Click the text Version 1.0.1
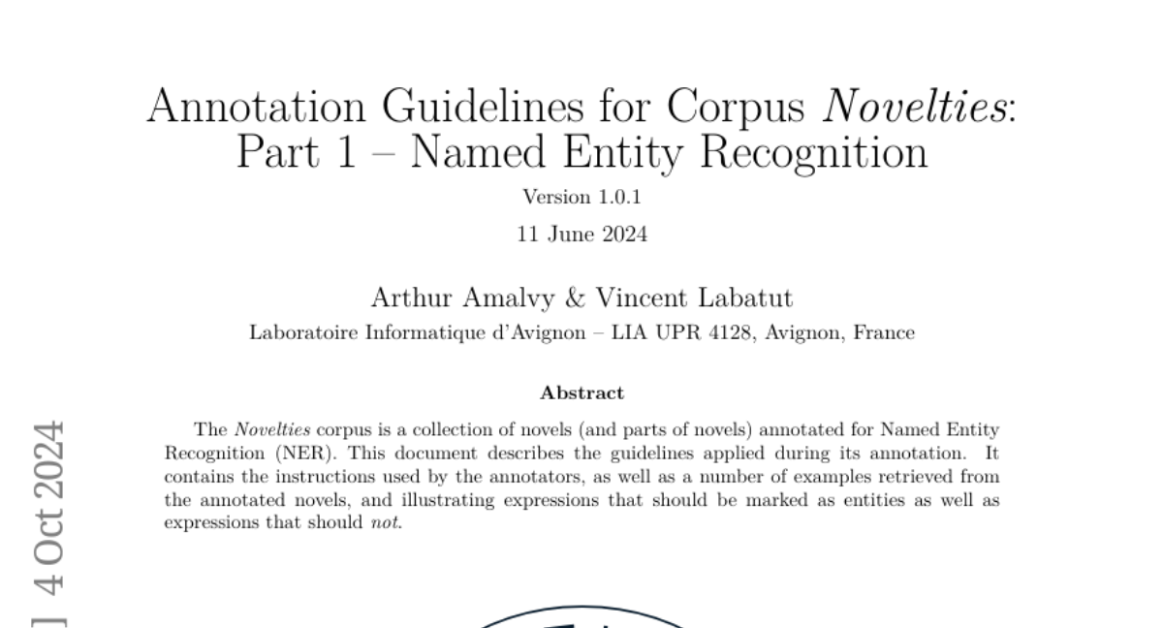point(581,198)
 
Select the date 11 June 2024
point(581,234)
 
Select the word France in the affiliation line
point(884,332)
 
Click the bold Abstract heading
point(581,392)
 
